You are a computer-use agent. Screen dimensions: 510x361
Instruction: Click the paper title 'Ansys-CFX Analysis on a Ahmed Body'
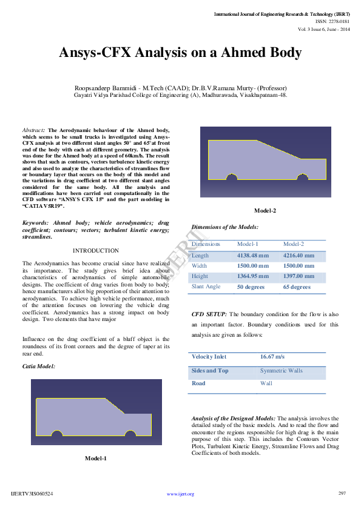180,53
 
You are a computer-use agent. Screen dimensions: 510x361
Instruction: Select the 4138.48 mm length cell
252,255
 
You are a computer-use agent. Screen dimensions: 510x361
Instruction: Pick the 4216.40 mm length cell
299,255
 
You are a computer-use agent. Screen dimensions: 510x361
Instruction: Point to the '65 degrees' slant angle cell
297,287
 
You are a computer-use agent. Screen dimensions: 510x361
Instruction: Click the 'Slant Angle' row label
206,286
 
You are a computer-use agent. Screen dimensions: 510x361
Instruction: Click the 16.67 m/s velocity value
272,357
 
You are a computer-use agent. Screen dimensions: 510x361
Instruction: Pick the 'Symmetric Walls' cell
281,370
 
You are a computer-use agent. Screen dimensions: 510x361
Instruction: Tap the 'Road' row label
198,383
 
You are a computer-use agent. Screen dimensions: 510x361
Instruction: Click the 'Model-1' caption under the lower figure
96,459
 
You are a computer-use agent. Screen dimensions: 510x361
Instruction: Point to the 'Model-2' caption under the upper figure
265,211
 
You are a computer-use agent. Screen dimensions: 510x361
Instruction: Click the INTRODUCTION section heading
95,251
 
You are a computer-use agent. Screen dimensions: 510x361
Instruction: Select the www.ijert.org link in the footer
180,494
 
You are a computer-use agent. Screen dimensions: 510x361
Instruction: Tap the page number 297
342,493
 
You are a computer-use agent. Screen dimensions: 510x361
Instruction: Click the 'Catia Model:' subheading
39,366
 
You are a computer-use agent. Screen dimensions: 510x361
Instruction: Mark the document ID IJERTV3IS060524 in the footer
32,494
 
